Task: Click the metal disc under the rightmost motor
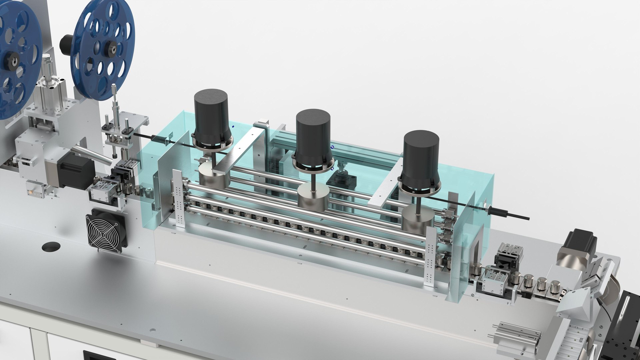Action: coord(418,218)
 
